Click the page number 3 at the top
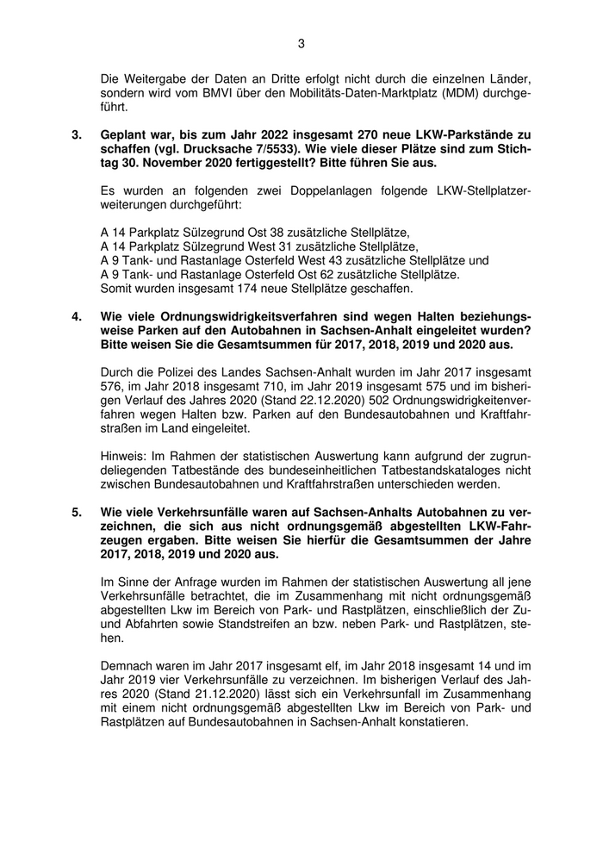point(301,43)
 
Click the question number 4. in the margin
point(77,316)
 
